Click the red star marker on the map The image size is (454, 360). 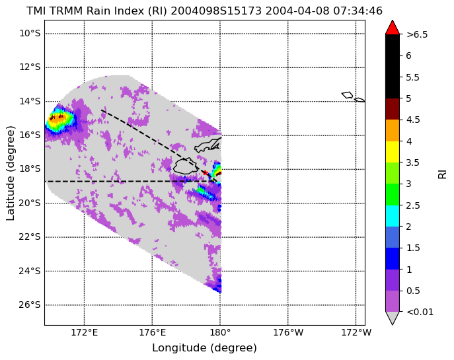(x=206, y=172)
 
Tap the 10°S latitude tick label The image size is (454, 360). (x=30, y=33)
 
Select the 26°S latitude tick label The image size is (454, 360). (x=30, y=305)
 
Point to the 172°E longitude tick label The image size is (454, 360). (x=84, y=332)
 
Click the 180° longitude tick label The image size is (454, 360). (x=220, y=332)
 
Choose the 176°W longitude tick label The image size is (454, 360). (x=288, y=332)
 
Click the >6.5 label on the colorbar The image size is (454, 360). (x=417, y=34)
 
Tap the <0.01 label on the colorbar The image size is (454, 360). (x=420, y=312)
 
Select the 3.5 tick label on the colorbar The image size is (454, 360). (x=412, y=162)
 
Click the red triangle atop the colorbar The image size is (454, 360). (x=393, y=28)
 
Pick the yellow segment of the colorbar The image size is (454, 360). (x=393, y=152)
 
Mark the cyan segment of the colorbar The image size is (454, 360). (x=393, y=216)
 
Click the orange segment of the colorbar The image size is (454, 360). (x=393, y=131)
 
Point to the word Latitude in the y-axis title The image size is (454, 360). (x=10, y=198)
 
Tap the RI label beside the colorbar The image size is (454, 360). (x=442, y=174)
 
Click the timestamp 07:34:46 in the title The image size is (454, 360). (x=358, y=11)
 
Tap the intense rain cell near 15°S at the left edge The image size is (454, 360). (x=61, y=119)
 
